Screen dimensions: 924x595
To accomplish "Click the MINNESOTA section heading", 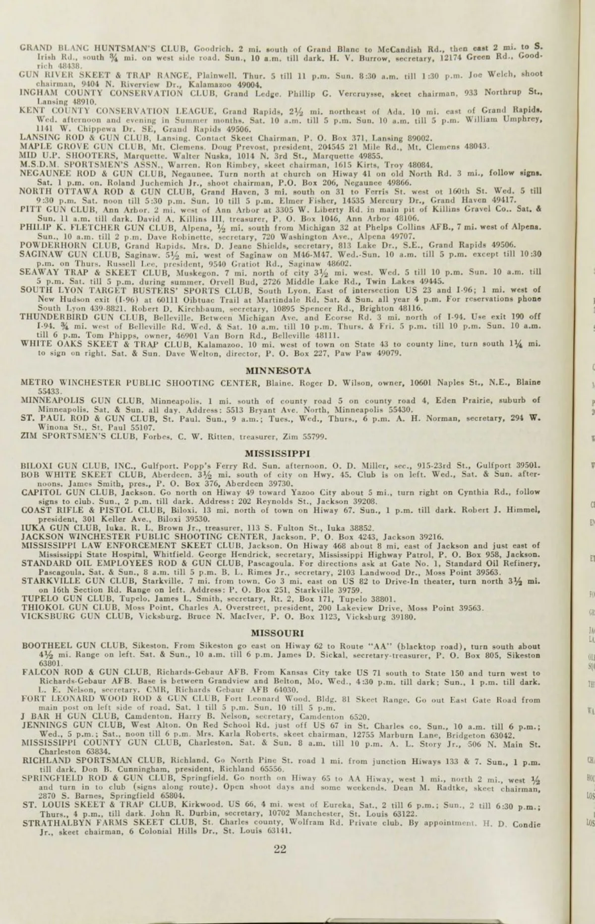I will [279, 371].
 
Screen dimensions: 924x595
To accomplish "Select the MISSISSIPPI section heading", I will [278, 453].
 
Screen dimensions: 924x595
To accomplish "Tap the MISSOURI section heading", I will [277, 633].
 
